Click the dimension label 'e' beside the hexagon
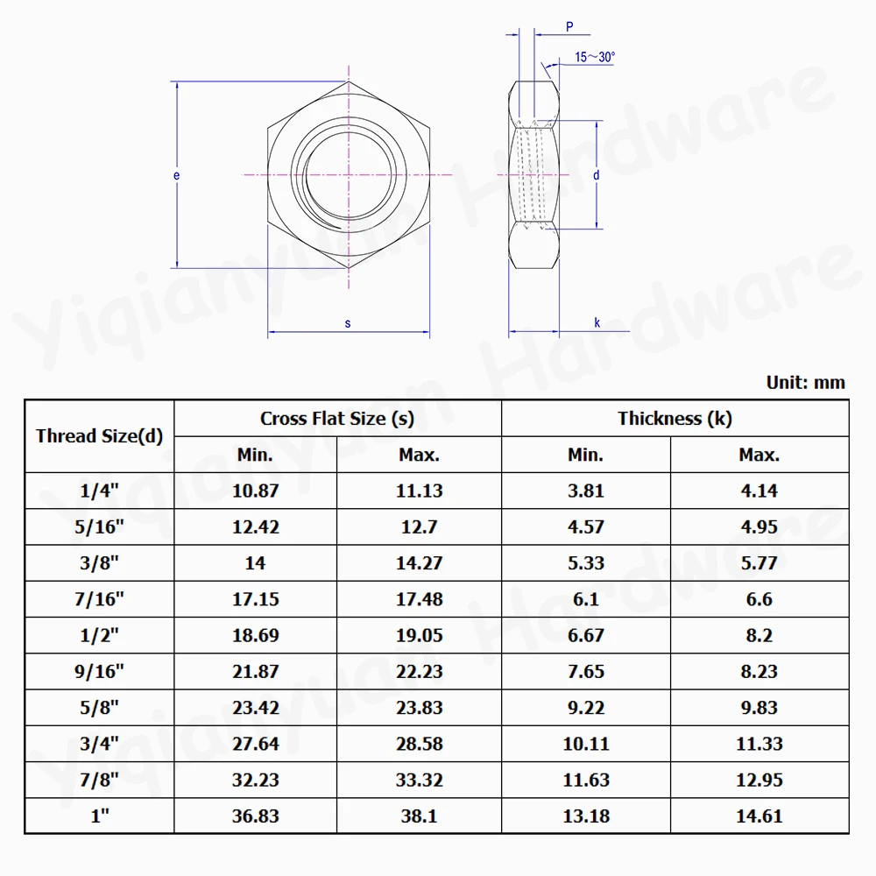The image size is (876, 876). coord(177,175)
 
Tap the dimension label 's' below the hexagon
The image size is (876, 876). coord(348,323)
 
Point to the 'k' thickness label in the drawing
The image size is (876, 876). coord(597,322)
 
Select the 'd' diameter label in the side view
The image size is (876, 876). coord(596,175)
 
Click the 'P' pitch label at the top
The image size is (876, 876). coord(569,26)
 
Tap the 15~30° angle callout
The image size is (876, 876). coord(595,57)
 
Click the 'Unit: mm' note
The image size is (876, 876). coord(805,383)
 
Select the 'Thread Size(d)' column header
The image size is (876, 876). coord(100,435)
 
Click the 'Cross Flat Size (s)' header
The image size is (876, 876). coord(337,419)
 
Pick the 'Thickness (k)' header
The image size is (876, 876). coord(675,419)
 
